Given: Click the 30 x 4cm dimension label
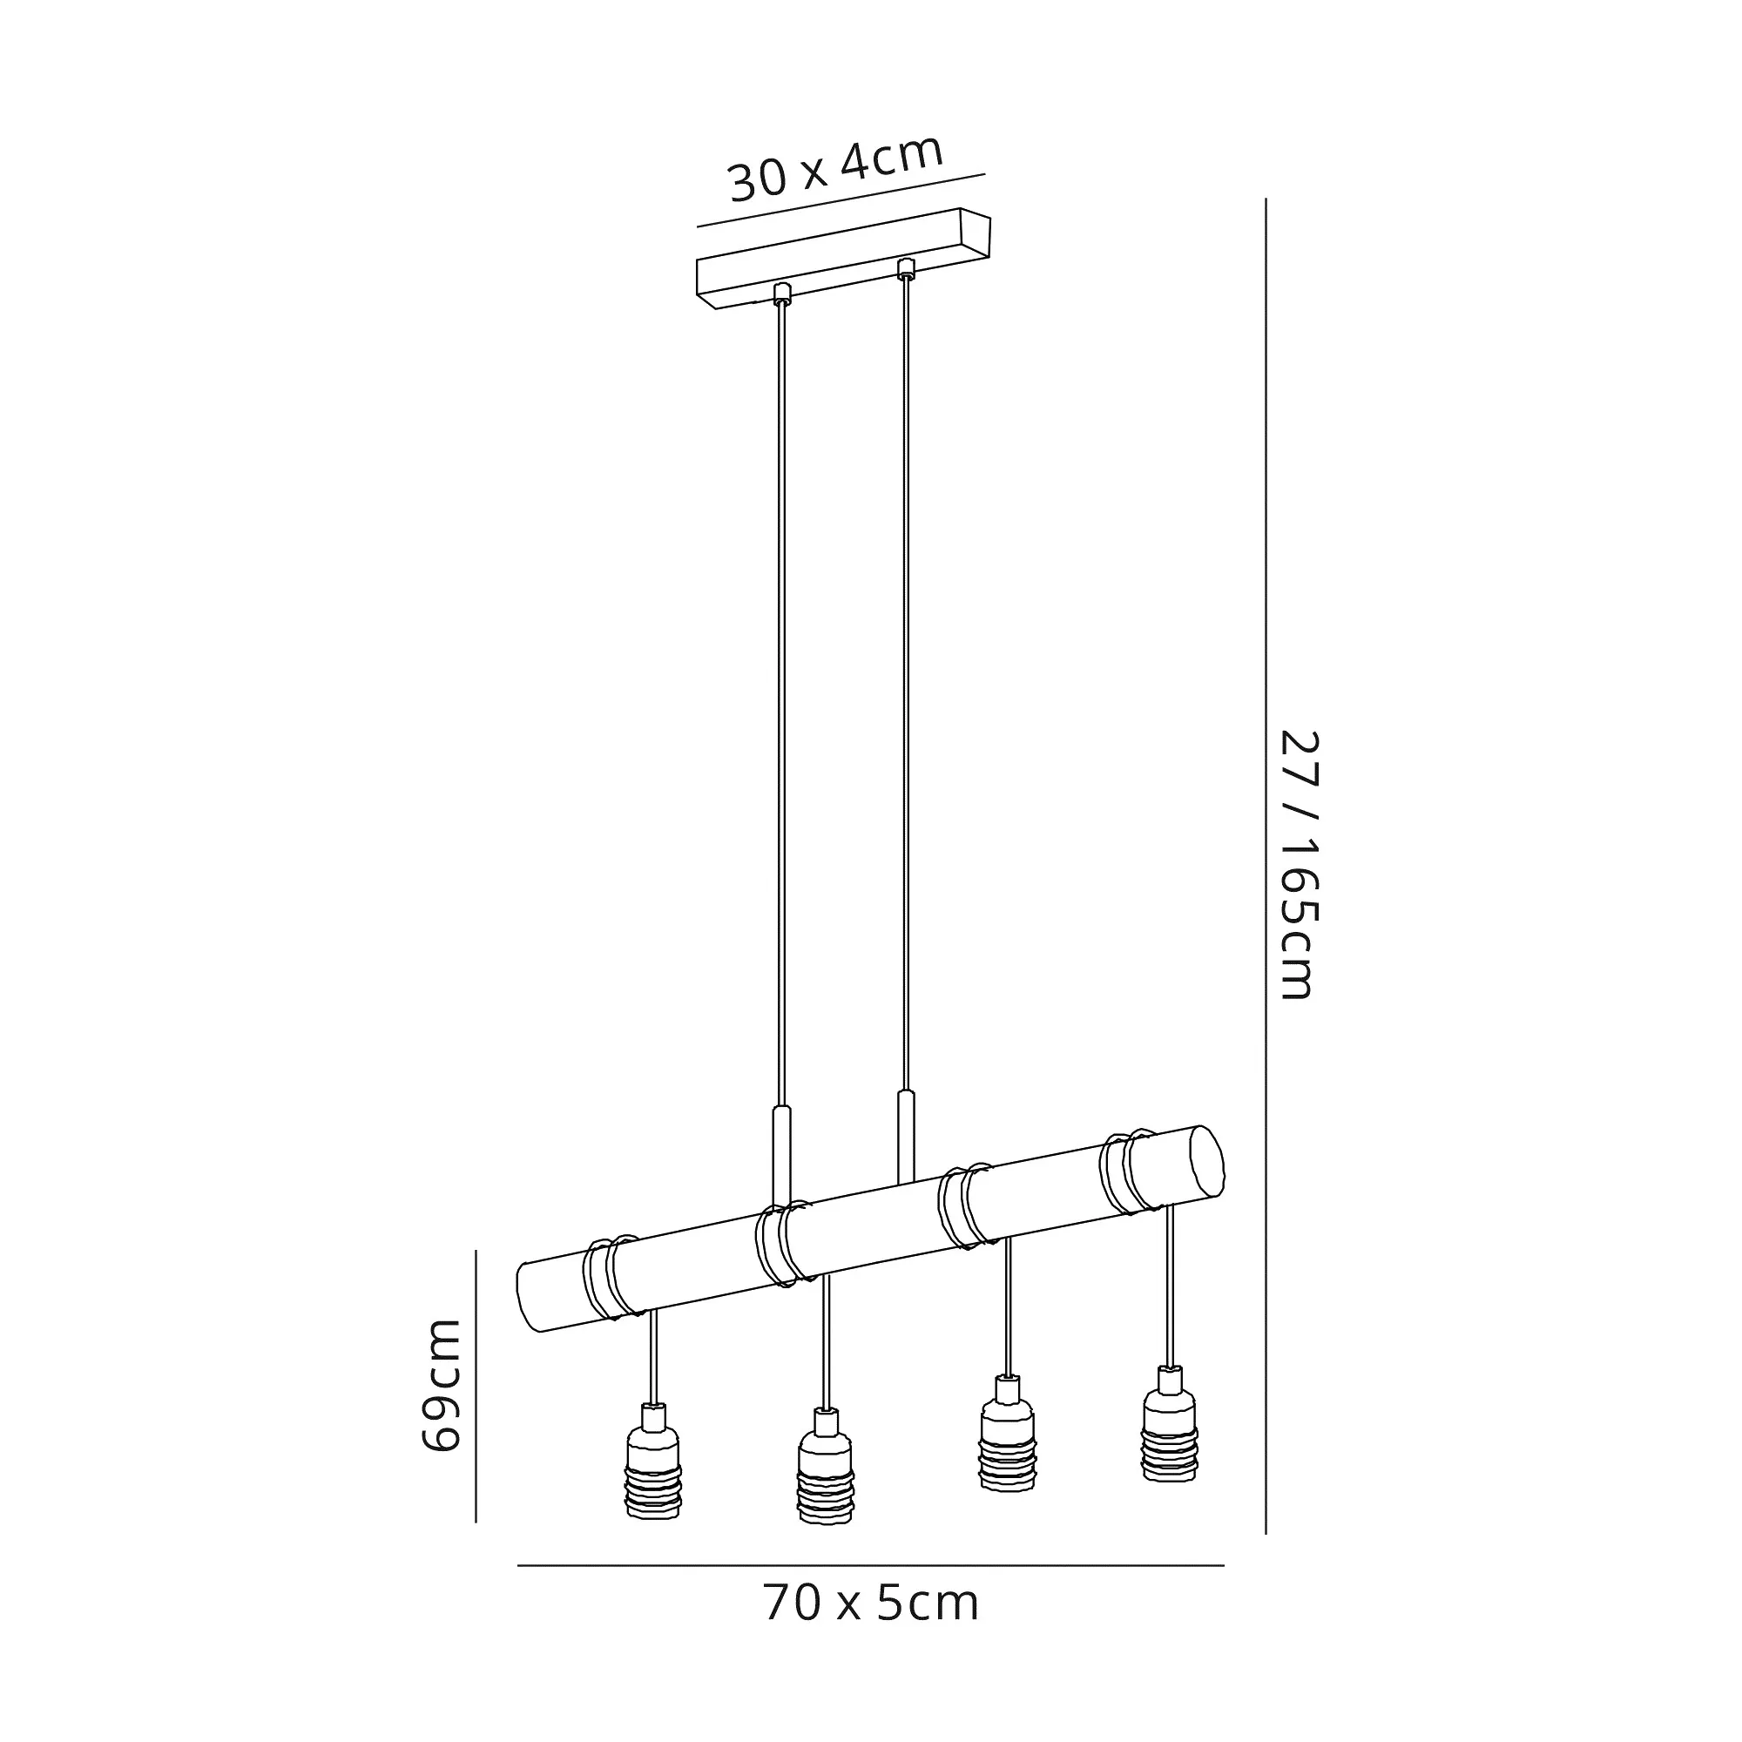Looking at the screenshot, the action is click(x=836, y=169).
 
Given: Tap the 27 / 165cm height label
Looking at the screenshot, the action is click(x=1300, y=865).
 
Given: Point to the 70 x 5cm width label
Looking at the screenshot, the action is click(x=871, y=1604).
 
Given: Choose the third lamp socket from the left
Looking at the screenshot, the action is click(x=1007, y=1445).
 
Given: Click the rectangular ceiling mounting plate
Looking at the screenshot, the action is click(x=843, y=259).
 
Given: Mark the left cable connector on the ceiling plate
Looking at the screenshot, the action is click(x=782, y=293).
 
